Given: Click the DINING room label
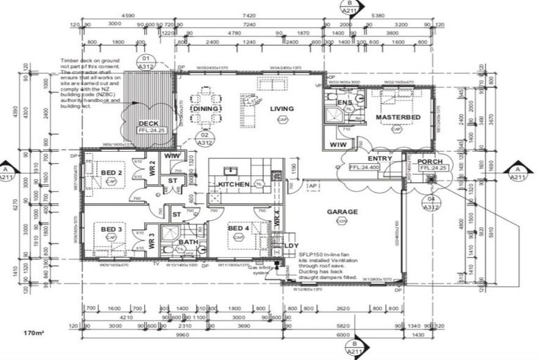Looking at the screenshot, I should coord(205,109).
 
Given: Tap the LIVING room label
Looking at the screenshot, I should coord(281,108).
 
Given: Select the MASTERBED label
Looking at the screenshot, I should coord(398,116).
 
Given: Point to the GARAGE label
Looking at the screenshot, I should coord(342,211).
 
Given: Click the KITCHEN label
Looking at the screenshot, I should coord(234,184).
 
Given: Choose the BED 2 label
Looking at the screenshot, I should coord(111,172).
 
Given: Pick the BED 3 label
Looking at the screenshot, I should coord(111,229).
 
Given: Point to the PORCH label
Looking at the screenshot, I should coord(429,160).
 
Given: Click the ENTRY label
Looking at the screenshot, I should coord(379,159).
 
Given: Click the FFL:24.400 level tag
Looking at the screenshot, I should coord(365,168).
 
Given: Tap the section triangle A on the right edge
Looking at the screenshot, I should coord(518,170).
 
